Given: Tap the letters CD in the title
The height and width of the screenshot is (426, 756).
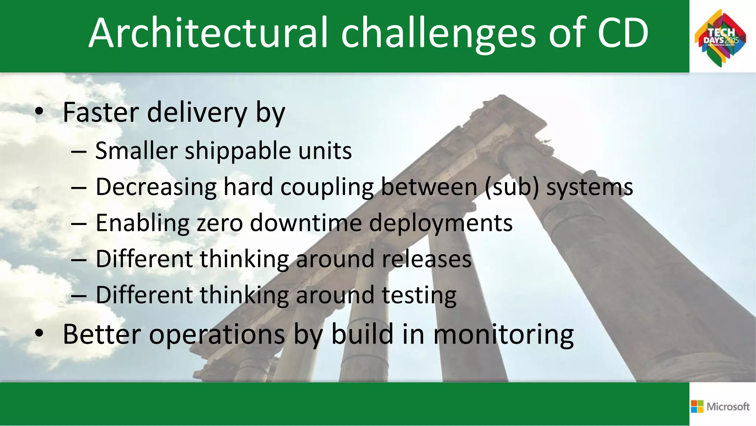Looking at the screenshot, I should click(622, 33).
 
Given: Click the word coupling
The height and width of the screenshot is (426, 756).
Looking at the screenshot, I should click(327, 187).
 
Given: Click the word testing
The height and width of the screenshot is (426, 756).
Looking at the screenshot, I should click(419, 296).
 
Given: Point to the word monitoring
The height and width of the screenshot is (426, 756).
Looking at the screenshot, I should click(504, 335).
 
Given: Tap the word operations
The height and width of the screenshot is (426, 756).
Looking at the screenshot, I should click(217, 335).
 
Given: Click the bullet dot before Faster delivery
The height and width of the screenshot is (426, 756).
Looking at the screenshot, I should click(39, 112).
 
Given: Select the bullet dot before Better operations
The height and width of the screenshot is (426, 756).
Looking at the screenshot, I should click(39, 334).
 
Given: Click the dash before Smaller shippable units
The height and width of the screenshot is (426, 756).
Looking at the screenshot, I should click(79, 151).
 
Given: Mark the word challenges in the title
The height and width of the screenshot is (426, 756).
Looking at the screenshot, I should click(438, 33).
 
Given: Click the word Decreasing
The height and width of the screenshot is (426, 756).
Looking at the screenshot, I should click(156, 187).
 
